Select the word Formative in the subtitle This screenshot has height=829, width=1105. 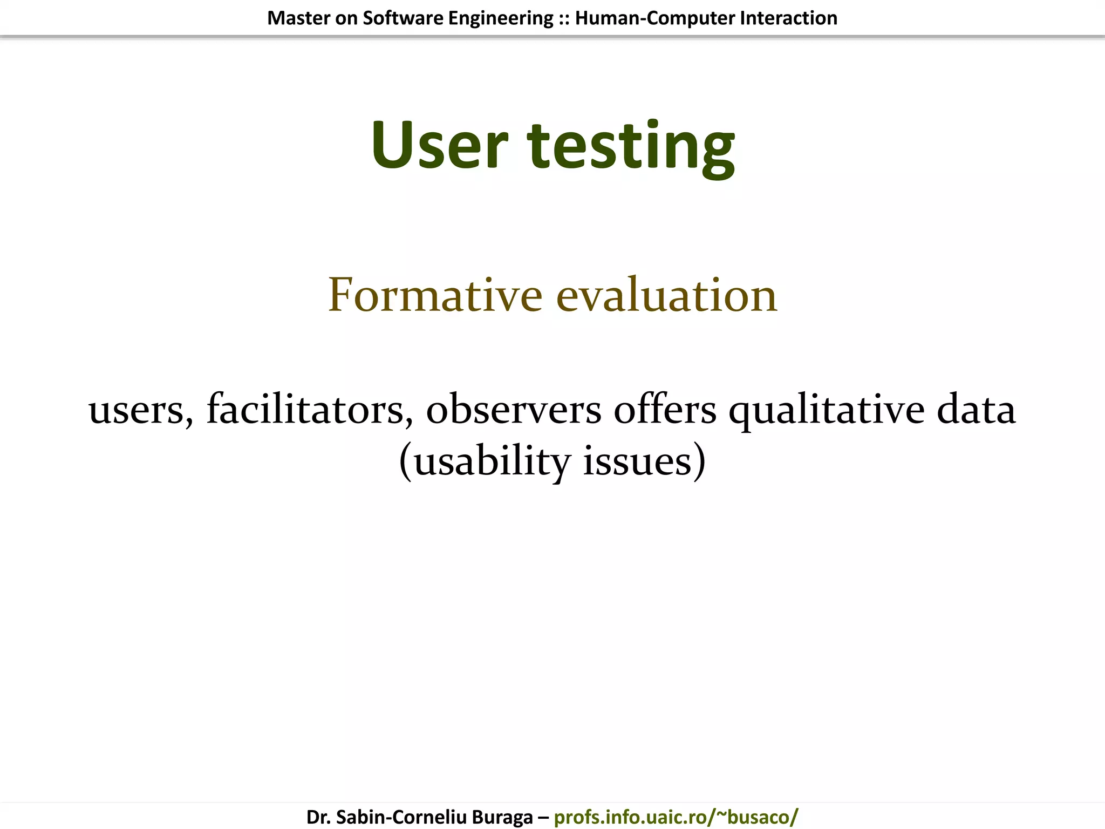(435, 295)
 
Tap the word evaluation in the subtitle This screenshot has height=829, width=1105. (666, 295)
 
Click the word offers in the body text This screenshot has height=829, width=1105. (665, 409)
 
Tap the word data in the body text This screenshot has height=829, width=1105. (976, 409)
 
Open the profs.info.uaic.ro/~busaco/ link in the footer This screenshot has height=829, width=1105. (676, 817)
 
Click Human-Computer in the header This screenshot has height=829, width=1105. (654, 18)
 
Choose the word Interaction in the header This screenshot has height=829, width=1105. (788, 18)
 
